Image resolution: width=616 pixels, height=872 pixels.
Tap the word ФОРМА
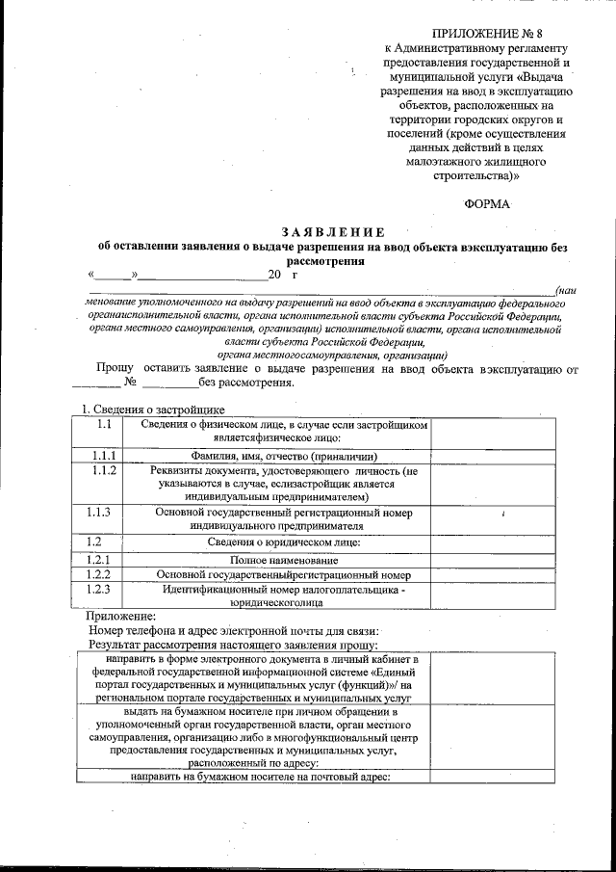click(487, 203)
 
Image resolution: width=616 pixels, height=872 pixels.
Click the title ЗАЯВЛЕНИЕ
click(333, 232)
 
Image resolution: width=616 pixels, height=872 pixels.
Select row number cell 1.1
click(105, 425)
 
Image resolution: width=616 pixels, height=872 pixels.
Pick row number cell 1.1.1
click(105, 456)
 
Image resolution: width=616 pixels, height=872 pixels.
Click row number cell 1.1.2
click(105, 470)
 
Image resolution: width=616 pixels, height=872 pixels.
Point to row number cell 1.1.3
click(105, 513)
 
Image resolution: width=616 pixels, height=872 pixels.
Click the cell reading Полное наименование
click(284, 560)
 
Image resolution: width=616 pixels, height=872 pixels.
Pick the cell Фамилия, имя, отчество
click(284, 457)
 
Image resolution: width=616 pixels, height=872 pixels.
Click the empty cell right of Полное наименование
click(492, 560)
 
